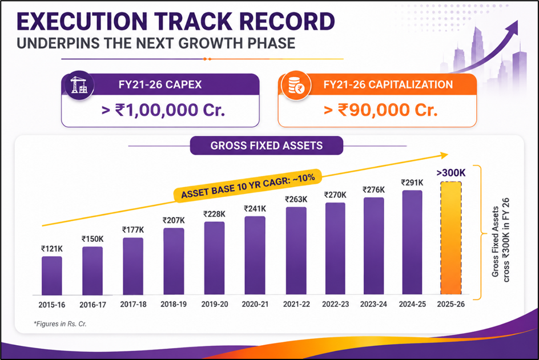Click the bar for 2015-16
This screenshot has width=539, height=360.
point(52,276)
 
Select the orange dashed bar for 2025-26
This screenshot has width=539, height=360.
point(451,238)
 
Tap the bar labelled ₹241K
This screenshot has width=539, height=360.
point(255,256)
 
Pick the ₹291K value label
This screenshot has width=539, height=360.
point(412,183)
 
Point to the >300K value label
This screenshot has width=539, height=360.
point(451,172)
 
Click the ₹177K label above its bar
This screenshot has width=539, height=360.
point(133,229)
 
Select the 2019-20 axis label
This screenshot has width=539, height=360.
point(215,304)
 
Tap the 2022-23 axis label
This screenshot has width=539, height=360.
point(336,304)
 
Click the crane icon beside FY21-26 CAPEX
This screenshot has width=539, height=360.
point(79,85)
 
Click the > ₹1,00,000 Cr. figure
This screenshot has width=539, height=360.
point(163,110)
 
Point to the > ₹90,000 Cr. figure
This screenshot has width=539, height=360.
point(381,110)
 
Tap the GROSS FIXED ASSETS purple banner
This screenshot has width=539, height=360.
point(267,145)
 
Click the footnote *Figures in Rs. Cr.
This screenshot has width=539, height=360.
point(60,323)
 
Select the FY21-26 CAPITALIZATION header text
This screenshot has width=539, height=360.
point(388,84)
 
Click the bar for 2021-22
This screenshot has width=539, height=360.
point(296,251)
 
